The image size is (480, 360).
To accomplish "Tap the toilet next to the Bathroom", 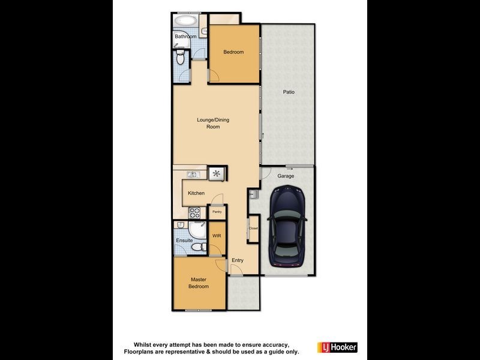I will tap(181, 57).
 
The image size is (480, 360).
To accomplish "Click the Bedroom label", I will tap(233, 52).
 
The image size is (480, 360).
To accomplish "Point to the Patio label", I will tap(289, 92).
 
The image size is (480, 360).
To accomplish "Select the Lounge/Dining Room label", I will tap(213, 123).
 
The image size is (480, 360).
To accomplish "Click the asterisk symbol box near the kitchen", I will tap(216, 174).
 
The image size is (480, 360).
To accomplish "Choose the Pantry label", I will tap(217, 212).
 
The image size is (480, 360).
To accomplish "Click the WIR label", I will tap(217, 236).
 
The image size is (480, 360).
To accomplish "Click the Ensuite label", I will tap(184, 241).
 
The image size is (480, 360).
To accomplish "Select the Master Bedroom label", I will tap(199, 283).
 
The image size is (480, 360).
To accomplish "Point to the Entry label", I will tap(238, 260).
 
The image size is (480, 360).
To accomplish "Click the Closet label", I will tap(253, 229).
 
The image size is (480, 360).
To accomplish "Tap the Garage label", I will tap(285, 176).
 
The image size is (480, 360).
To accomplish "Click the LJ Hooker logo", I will tap(340, 347).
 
